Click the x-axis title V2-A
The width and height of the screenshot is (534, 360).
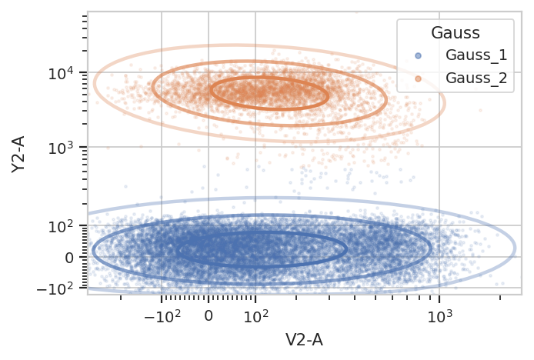pyautogui.click(x=304, y=340)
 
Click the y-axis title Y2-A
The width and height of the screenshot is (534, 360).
pyautogui.click(x=18, y=155)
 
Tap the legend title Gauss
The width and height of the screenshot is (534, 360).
pyautogui.click(x=456, y=33)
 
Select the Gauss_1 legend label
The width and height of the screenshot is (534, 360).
pyautogui.click(x=476, y=55)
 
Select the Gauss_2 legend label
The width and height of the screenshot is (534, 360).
pyautogui.click(x=476, y=78)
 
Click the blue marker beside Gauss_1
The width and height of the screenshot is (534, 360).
pyautogui.click(x=419, y=55)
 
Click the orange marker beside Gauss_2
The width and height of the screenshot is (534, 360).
pyautogui.click(x=419, y=78)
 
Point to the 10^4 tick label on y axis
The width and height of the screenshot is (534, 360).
pyautogui.click(x=61, y=73)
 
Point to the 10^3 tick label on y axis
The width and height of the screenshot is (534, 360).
pyautogui.click(x=61, y=148)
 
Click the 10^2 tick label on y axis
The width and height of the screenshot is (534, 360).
pyautogui.click(x=61, y=226)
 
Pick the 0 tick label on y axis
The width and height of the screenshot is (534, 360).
pyautogui.click(x=69, y=258)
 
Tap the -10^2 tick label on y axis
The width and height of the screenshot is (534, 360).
pyautogui.click(x=55, y=289)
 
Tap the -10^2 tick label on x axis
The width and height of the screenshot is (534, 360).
pyautogui.click(x=162, y=317)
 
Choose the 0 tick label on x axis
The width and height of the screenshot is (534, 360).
pyautogui.click(x=209, y=316)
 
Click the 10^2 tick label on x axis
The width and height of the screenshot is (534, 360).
pyautogui.click(x=255, y=317)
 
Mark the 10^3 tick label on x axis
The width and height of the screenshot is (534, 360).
pyautogui.click(x=439, y=317)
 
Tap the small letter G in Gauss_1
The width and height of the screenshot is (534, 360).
pyautogui.click(x=451, y=55)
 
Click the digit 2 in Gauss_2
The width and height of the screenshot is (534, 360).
pyautogui.click(x=503, y=78)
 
